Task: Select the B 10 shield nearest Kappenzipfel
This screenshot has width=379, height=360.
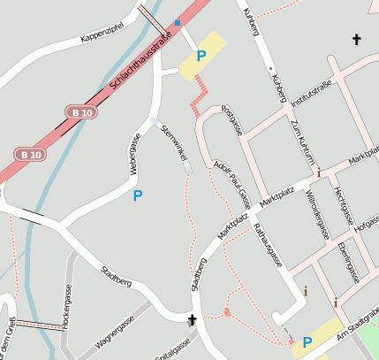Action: [x=80, y=111]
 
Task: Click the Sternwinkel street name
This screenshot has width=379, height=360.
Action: [x=172, y=143]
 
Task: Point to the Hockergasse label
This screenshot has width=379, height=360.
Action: [x=67, y=307]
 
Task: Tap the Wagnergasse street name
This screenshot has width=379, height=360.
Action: [x=116, y=327]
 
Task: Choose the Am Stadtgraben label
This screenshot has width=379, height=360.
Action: [x=358, y=325]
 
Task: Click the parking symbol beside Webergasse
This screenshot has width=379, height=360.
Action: [x=137, y=195]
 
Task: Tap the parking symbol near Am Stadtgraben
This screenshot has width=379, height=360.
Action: [x=307, y=342]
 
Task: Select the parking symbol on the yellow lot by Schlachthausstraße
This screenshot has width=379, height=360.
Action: [x=201, y=56]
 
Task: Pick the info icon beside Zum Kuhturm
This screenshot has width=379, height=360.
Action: [x=319, y=173]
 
